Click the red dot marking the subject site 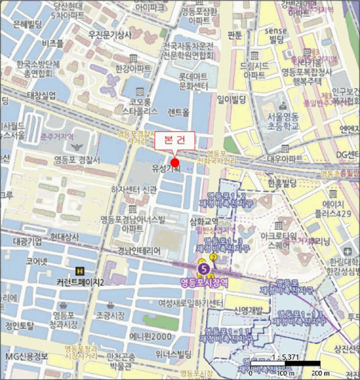(x=175, y=163)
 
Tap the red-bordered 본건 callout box (x=173, y=141)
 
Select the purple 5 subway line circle (x=204, y=268)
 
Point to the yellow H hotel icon (x=80, y=270)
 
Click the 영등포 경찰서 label (x=77, y=160)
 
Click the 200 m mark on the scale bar (x=319, y=373)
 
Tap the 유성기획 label (x=166, y=169)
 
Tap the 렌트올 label (x=179, y=112)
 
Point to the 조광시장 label (x=110, y=315)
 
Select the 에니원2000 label (x=150, y=336)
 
